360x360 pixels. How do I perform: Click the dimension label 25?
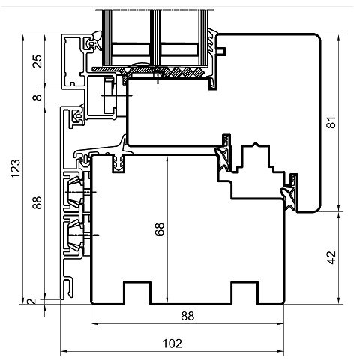37,61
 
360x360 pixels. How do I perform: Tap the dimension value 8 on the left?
37,97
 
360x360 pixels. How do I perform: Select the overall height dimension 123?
16,169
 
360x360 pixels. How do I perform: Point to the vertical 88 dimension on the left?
37,202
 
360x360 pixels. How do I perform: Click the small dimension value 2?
31,301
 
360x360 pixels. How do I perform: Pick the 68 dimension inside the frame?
160,229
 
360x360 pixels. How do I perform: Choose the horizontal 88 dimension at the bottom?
187,316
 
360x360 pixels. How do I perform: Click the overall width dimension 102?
172,343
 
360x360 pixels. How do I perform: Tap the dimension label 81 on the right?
331,122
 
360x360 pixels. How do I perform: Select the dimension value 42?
331,257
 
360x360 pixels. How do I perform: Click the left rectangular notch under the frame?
137,293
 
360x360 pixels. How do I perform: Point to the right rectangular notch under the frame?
244,293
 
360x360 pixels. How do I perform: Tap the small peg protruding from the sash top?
221,51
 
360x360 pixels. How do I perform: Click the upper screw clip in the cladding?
74,192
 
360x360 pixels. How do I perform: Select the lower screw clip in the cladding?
74,235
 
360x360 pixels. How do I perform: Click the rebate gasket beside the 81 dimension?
290,193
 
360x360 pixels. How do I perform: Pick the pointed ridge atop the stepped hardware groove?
255,144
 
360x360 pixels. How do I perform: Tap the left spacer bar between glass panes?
130,49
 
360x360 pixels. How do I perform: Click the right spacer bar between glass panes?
179,49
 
